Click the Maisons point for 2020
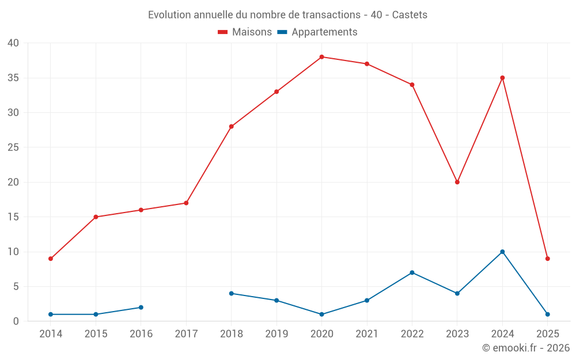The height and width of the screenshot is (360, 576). (x=321, y=57)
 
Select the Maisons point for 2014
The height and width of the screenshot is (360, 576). (x=51, y=259)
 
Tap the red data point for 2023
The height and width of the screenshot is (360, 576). (x=457, y=182)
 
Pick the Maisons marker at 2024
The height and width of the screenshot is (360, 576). (x=502, y=78)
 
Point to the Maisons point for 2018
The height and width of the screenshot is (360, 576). (x=232, y=127)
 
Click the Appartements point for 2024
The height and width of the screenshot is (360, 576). (x=502, y=252)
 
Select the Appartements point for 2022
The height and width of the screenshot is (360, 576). (x=412, y=272)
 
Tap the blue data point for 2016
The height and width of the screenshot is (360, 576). (x=141, y=308)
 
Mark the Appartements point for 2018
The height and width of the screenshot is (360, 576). (x=232, y=293)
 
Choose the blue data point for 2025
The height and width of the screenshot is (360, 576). (x=547, y=314)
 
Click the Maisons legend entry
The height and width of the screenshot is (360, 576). (x=245, y=32)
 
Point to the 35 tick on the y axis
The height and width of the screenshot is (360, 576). (x=13, y=78)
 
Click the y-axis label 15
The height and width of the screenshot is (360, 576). (x=13, y=217)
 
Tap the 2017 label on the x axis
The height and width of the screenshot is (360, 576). (x=186, y=334)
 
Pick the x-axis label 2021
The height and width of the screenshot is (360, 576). (x=367, y=334)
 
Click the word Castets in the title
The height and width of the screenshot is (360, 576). (x=410, y=15)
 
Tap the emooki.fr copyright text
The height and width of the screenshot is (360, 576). (x=526, y=348)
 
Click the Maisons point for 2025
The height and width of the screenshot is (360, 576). (x=547, y=259)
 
